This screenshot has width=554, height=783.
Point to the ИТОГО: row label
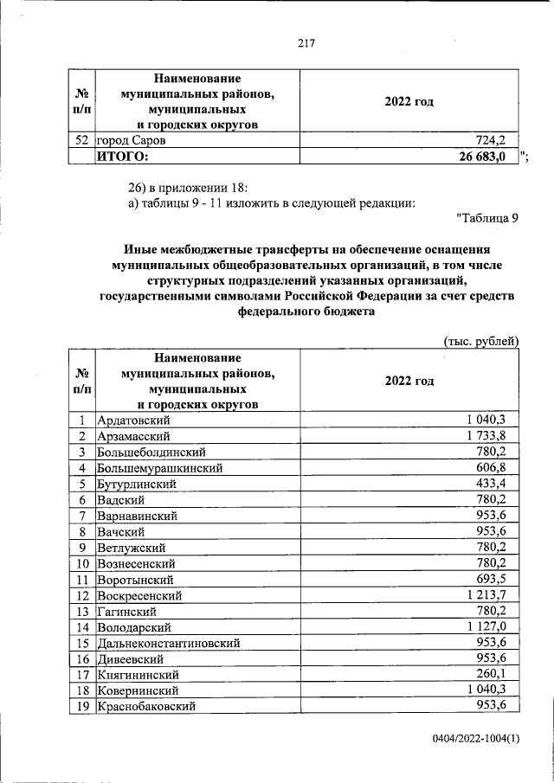point(122,156)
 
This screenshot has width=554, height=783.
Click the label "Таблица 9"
point(486,218)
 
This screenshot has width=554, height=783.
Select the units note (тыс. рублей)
point(480,341)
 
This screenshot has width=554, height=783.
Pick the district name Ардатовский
point(138,420)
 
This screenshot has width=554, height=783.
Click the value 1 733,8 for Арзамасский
point(491,436)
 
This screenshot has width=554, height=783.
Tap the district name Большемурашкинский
point(160,468)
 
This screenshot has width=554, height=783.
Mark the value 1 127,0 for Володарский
point(491,627)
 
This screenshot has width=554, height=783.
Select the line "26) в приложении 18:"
point(188,187)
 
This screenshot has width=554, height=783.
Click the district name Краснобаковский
point(145,707)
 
